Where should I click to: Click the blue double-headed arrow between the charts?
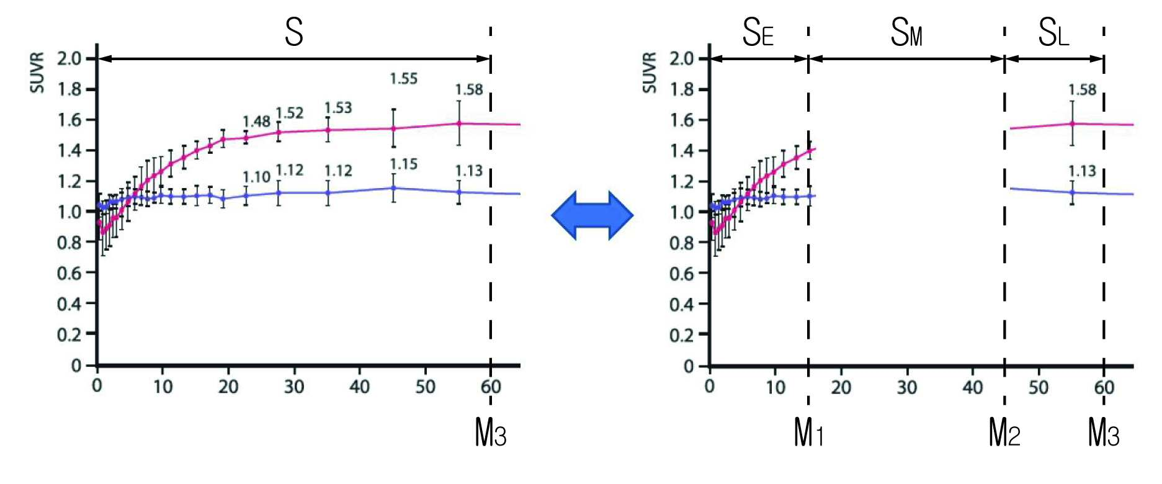click(592, 215)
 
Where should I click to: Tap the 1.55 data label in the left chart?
click(403, 79)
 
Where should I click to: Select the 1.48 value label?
click(256, 122)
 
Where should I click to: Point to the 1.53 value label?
click(338, 108)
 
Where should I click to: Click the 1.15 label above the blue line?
click(403, 164)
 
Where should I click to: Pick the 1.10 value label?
click(256, 177)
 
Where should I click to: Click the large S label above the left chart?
click(293, 32)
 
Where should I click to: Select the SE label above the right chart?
click(758, 32)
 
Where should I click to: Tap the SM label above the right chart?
click(906, 32)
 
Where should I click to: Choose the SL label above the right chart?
click(1053, 32)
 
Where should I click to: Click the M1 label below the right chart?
click(808, 432)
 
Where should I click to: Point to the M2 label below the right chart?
click(1004, 432)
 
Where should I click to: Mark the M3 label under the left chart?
click(490, 432)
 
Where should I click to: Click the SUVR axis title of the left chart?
click(38, 73)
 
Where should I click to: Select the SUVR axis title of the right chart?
click(650, 73)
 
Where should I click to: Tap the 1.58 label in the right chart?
click(1082, 90)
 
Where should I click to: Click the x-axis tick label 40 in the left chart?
click(359, 387)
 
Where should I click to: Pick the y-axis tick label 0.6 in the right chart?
click(681, 274)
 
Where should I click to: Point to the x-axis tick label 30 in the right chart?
click(906, 387)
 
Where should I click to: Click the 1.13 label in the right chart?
click(1082, 171)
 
